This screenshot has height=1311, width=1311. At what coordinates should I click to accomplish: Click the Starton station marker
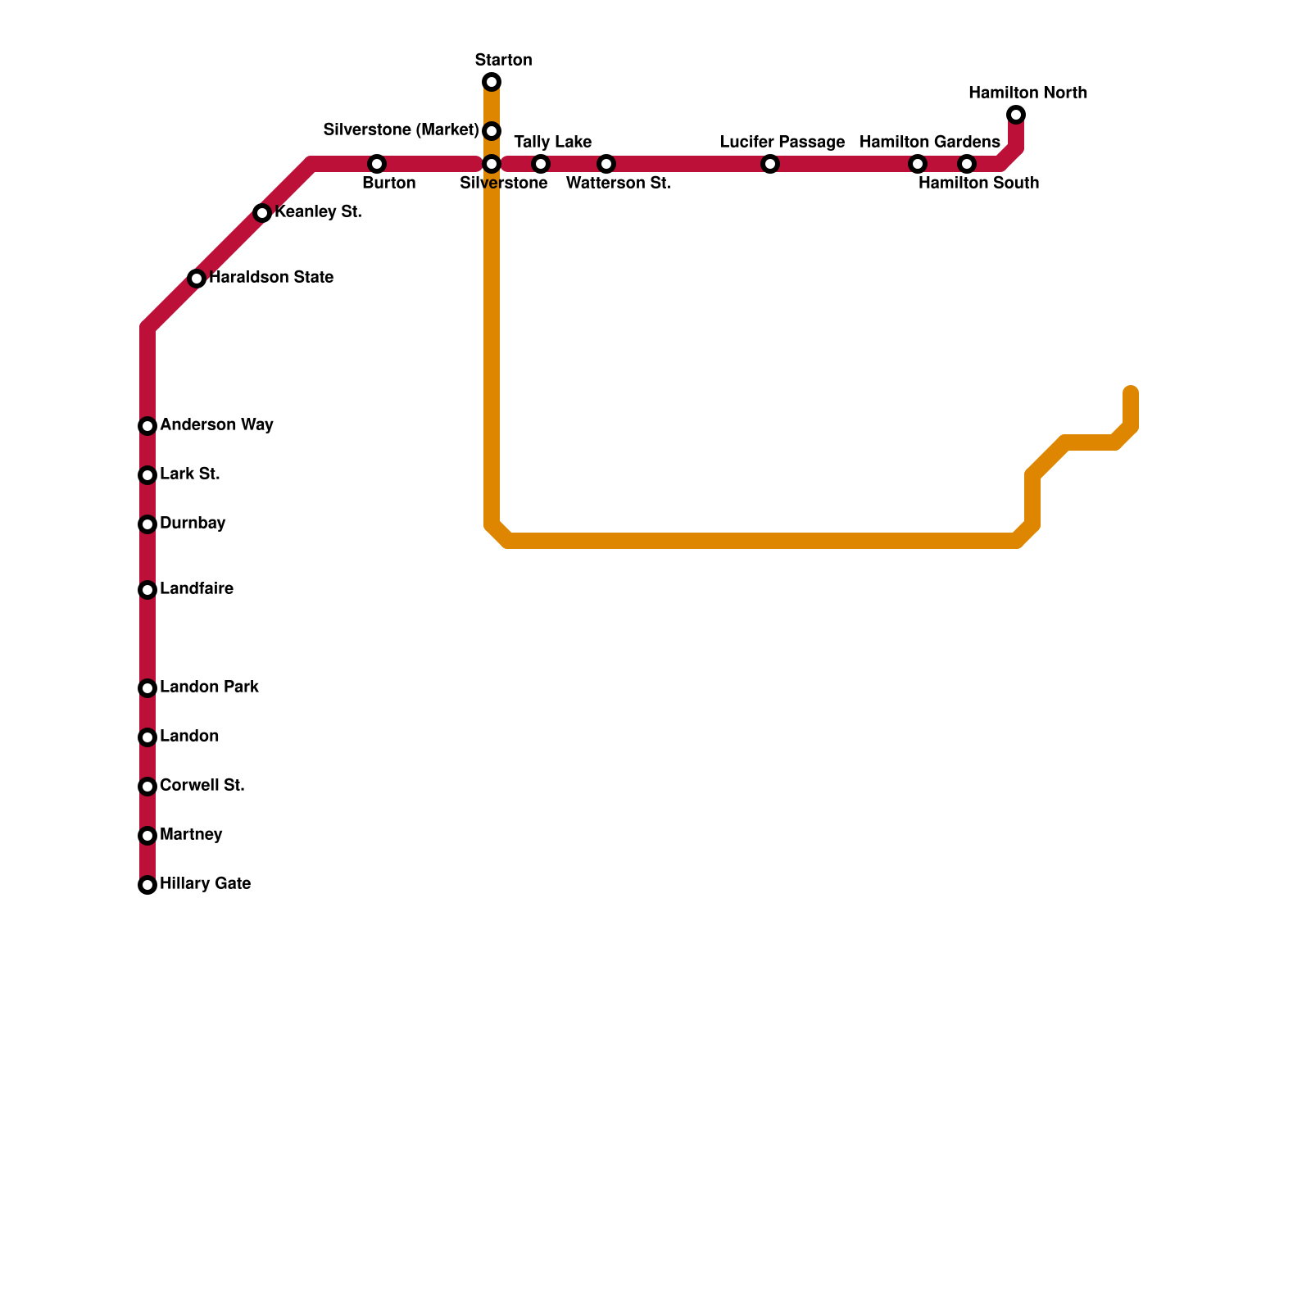click(x=492, y=82)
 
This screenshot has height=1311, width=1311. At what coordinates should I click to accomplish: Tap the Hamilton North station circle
click(x=1016, y=115)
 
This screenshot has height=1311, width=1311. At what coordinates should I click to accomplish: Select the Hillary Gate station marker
click(x=147, y=885)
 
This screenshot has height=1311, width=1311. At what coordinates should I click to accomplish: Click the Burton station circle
click(x=377, y=164)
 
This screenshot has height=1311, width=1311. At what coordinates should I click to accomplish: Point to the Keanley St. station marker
click(x=262, y=213)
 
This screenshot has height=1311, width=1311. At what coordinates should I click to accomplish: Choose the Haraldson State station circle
click(x=197, y=279)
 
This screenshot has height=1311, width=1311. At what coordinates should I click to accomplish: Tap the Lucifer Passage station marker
click(x=770, y=164)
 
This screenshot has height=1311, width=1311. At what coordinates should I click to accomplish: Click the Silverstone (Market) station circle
click(x=492, y=131)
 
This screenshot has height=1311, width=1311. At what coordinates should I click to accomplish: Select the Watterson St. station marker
click(x=606, y=164)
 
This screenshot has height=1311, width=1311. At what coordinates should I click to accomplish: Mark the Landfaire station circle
click(x=147, y=590)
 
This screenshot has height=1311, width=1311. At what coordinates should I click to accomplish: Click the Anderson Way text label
click(x=216, y=424)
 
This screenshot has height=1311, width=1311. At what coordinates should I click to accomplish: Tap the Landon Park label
click(x=209, y=687)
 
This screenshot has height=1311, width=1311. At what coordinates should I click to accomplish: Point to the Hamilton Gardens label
click(x=929, y=142)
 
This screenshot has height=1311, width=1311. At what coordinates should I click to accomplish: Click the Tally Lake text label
click(x=552, y=142)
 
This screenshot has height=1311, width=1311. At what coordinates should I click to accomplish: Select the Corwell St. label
click(x=202, y=785)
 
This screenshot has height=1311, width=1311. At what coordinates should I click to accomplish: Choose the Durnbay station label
click(x=193, y=523)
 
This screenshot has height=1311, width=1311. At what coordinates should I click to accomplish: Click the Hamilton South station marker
click(x=967, y=164)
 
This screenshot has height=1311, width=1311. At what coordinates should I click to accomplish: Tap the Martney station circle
click(x=147, y=836)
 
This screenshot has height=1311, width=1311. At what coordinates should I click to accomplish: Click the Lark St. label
click(x=189, y=474)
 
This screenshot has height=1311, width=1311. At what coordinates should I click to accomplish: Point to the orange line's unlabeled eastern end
click(x=1131, y=392)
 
